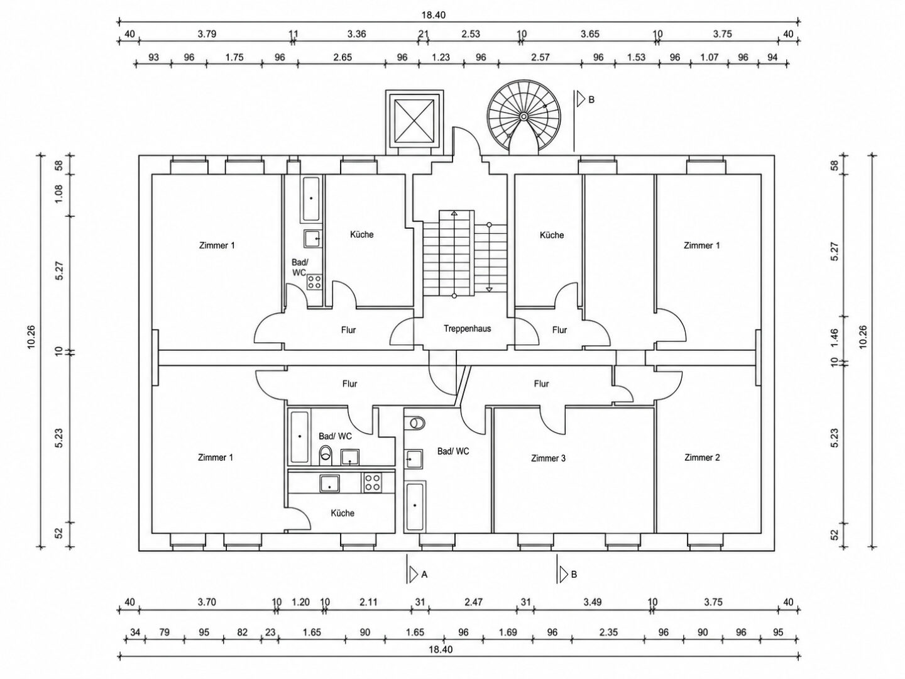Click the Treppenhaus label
[467, 329]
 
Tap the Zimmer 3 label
[549, 458]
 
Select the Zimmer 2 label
[702, 457]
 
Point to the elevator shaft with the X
[414, 122]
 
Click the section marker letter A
[424, 574]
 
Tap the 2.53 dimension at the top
[471, 34]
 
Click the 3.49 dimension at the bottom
[592, 602]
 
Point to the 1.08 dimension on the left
[59, 194]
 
